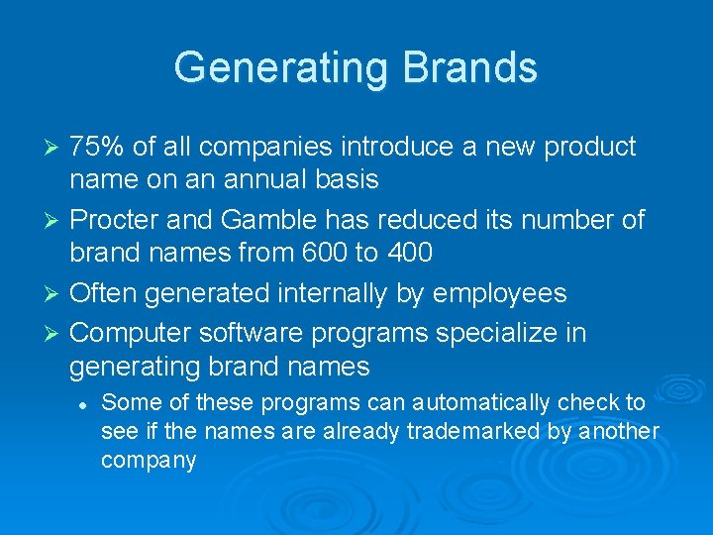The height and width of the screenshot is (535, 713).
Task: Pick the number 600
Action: point(316,253)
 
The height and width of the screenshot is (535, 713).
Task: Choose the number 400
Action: point(407,253)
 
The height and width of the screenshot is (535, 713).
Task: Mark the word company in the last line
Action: point(149,461)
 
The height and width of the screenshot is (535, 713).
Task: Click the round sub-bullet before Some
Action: point(86,404)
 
